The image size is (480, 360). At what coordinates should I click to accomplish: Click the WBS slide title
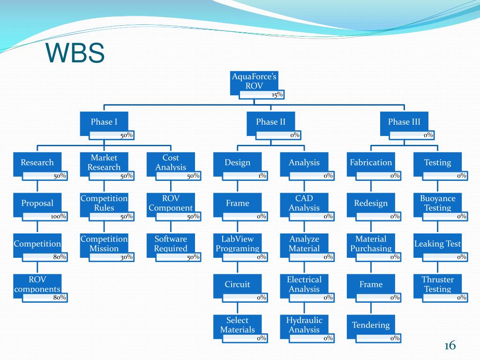point(75,53)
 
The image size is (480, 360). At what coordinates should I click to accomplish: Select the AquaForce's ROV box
point(254,82)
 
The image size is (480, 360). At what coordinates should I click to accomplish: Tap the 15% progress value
point(277,95)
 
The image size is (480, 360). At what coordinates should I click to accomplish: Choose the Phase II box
point(270,122)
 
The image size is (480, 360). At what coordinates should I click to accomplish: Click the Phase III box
point(404,122)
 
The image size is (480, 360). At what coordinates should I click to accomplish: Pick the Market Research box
point(104,163)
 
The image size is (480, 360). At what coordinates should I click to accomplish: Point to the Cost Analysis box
point(171,163)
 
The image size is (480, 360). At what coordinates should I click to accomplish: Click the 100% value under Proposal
point(58,217)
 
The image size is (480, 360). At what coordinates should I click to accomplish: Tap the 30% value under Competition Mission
point(125,257)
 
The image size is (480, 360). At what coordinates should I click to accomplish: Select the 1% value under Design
point(262,176)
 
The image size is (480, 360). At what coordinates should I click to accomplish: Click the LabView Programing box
point(237,244)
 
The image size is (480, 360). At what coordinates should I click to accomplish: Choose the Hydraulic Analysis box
point(304,325)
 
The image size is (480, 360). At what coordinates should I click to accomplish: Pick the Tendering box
point(371,325)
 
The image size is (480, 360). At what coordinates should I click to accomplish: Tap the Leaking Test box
point(437,244)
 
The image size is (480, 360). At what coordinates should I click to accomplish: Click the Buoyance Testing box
point(437,203)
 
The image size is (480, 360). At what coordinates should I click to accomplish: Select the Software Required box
point(171,244)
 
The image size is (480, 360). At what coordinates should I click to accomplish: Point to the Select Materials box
point(237,325)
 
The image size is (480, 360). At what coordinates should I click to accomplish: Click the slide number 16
point(450,346)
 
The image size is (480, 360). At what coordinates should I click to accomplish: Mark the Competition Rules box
point(104,203)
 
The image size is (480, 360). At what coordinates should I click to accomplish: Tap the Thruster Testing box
point(437,285)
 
